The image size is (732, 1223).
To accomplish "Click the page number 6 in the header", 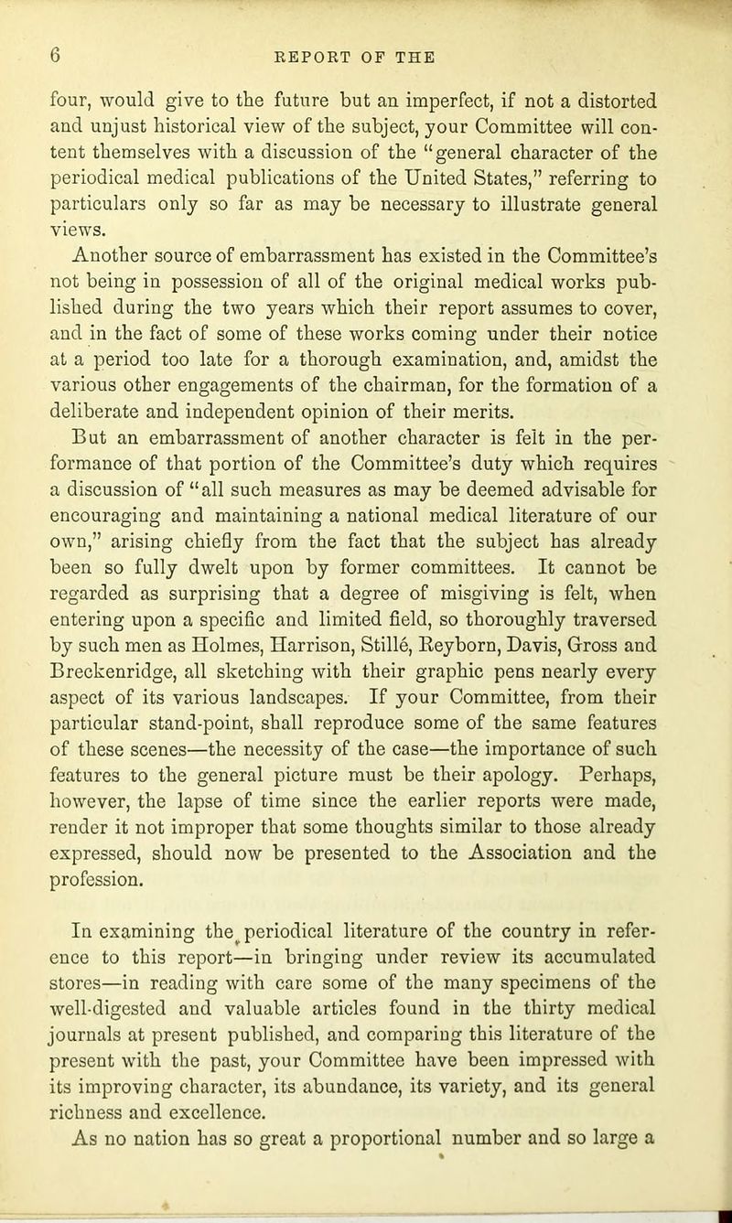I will tap(58, 52).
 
